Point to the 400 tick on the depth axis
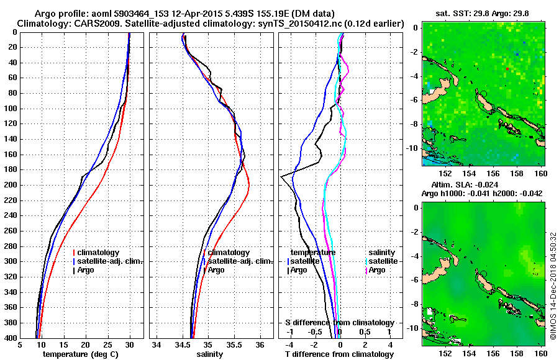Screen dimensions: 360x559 coord(12,338)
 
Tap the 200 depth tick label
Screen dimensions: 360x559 coord(12,185)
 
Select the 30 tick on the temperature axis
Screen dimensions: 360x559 coord(129,345)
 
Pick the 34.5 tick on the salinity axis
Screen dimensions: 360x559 coord(183,345)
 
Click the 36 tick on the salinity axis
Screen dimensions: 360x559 coord(260,345)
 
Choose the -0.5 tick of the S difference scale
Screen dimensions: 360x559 coord(316,332)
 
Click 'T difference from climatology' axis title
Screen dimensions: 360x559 coord(340,354)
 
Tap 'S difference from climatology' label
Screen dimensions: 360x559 coord(340,323)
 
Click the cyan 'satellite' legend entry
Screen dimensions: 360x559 coord(382,261)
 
